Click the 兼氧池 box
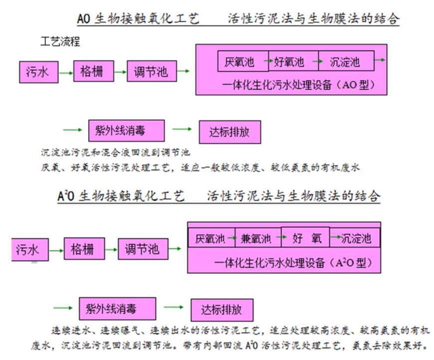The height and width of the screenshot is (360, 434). click(x=258, y=238)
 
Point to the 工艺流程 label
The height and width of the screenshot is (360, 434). click(x=60, y=41)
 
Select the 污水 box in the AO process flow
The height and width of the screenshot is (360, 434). click(x=39, y=72)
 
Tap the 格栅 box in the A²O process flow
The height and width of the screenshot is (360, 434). click(x=84, y=249)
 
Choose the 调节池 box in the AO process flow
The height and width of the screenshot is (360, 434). click(x=152, y=71)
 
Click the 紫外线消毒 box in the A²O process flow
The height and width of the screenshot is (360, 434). click(x=117, y=309)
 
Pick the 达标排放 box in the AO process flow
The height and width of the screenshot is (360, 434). click(x=230, y=132)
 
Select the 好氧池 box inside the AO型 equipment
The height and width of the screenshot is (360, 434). click(x=293, y=61)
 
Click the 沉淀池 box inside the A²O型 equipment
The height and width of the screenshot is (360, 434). click(x=355, y=238)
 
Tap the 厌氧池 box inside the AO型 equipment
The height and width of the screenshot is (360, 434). click(x=243, y=61)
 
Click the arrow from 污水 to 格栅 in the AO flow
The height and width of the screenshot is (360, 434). click(x=66, y=73)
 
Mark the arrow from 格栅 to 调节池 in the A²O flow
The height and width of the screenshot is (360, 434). click(x=111, y=250)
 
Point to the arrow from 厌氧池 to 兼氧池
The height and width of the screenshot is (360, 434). click(x=230, y=238)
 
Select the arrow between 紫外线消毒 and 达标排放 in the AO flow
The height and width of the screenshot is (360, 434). click(x=182, y=129)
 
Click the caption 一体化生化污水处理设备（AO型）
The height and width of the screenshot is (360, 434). click(x=298, y=84)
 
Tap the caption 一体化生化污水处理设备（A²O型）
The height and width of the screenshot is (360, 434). click(x=293, y=263)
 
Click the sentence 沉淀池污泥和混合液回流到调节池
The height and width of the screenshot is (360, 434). click(x=115, y=152)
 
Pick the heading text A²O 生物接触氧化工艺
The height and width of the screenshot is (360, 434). click(x=121, y=196)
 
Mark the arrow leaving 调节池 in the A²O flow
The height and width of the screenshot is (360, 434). click(x=175, y=249)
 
